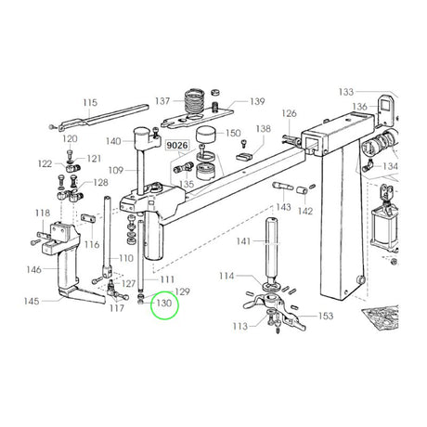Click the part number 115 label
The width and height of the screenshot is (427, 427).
point(90,102)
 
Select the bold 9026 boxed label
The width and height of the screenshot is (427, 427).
point(177,145)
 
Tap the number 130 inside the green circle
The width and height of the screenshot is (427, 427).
point(164,303)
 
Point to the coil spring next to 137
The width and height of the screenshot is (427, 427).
point(195,101)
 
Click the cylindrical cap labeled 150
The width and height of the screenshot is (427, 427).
point(206,135)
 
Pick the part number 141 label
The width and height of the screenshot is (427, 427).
point(243,241)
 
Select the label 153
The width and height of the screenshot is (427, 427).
point(326,316)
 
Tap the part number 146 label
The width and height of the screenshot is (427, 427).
point(33,269)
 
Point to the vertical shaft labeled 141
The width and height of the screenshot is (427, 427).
point(271,249)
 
